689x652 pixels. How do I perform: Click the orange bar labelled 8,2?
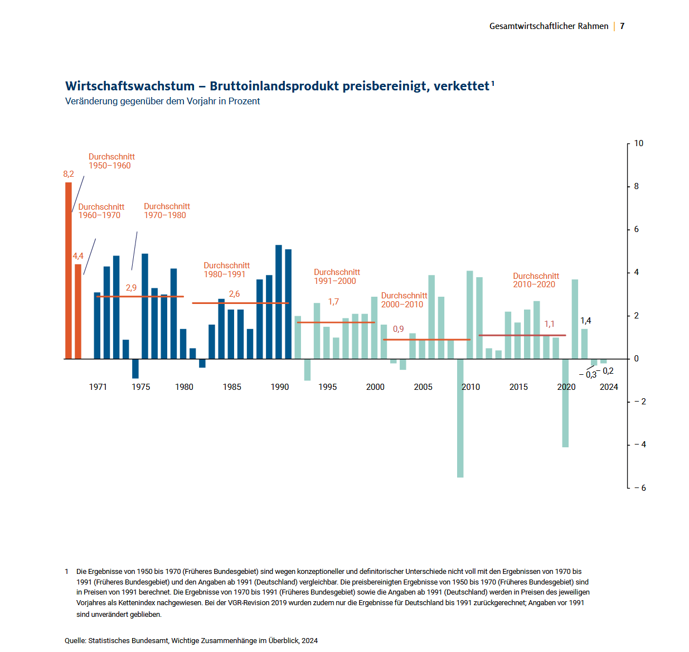pyautogui.click(x=69, y=271)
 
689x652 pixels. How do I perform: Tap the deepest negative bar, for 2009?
pyautogui.click(x=460, y=418)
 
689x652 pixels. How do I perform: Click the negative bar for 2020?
pyautogui.click(x=565, y=403)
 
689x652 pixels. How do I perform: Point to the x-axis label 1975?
pyautogui.click(x=141, y=387)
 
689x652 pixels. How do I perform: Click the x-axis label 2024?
pyautogui.click(x=609, y=387)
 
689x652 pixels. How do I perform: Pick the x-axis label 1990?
pyautogui.click(x=280, y=387)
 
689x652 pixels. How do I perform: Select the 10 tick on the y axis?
pyautogui.click(x=638, y=143)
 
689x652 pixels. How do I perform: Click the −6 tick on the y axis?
pyautogui.click(x=640, y=487)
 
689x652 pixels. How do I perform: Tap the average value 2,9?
pyautogui.click(x=131, y=288)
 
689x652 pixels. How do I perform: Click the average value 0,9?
pyautogui.click(x=398, y=329)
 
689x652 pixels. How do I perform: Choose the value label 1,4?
pyautogui.click(x=585, y=321)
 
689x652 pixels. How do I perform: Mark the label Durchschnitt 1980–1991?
pyautogui.click(x=226, y=270)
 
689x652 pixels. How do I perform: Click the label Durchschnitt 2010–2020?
pyautogui.click(x=536, y=280)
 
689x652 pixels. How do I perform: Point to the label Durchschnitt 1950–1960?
pyautogui.click(x=111, y=161)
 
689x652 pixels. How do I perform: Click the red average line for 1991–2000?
pyautogui.click(x=336, y=322)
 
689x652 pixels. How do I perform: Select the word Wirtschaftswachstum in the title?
pyautogui.click(x=130, y=86)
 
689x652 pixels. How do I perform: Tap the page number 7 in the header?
pyautogui.click(x=622, y=26)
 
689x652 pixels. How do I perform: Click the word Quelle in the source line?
pyautogui.click(x=75, y=640)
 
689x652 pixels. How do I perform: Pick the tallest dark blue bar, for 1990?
pyautogui.click(x=279, y=302)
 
